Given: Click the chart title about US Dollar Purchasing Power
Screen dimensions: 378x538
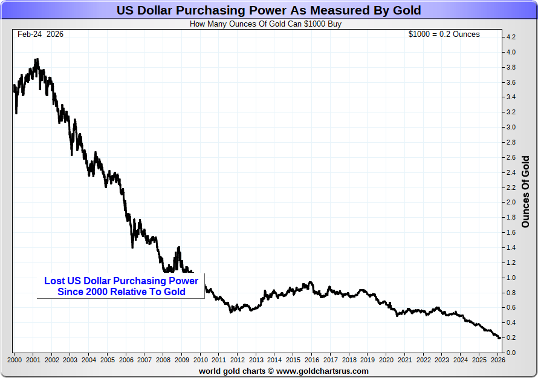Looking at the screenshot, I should pyautogui.click(x=268, y=11).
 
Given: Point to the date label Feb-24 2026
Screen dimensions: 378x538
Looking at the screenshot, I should pyautogui.click(x=41, y=34).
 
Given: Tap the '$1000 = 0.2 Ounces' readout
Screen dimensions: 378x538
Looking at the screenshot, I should pyautogui.click(x=444, y=34).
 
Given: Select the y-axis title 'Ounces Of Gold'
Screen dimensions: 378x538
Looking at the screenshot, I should pyautogui.click(x=525, y=191).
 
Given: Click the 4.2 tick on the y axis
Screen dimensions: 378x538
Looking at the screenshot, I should pyautogui.click(x=510, y=37).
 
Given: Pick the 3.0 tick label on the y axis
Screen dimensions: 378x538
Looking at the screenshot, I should pyautogui.click(x=510, y=128).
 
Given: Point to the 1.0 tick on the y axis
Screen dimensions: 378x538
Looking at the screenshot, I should pyautogui.click(x=510, y=278).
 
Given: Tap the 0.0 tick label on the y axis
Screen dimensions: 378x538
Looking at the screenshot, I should pyautogui.click(x=510, y=353).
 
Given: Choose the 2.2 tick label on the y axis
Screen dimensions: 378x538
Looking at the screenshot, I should pyautogui.click(x=510, y=187).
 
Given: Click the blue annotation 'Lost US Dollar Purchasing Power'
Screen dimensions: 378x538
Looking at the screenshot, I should pyautogui.click(x=121, y=281).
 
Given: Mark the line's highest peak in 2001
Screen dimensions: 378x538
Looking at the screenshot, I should pyautogui.click(x=37, y=59).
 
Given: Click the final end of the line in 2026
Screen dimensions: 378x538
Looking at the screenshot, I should pyautogui.click(x=499, y=338).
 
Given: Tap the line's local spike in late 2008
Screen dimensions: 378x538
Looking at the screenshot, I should pyautogui.click(x=179, y=247).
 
